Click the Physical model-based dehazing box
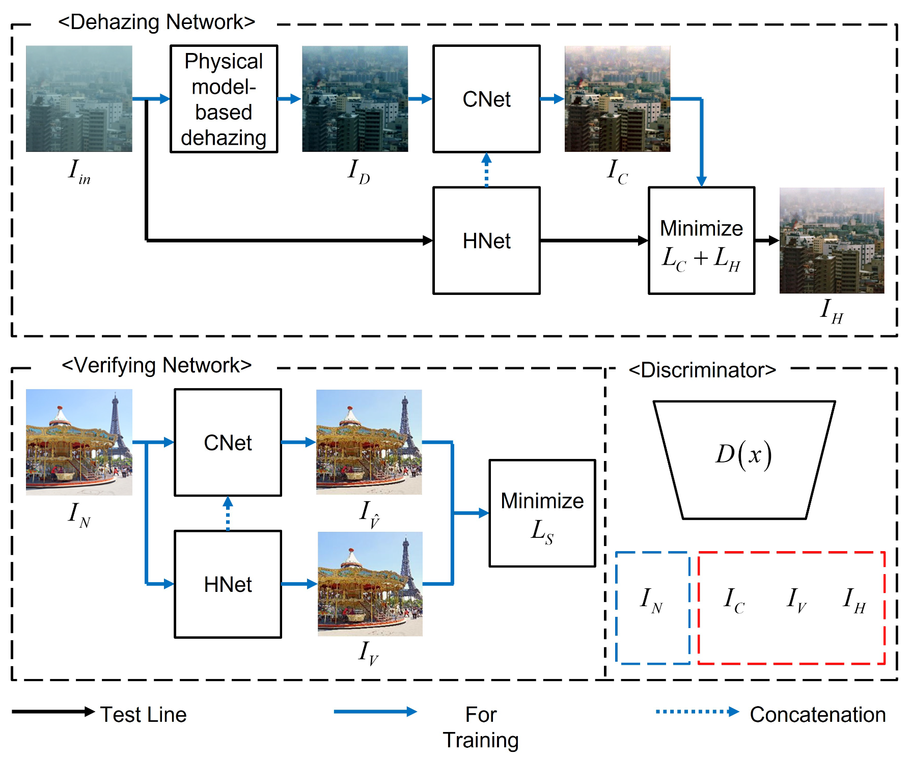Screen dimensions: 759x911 (x=224, y=99)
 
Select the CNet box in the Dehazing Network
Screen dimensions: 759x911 (x=486, y=99)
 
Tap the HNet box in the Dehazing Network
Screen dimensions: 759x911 (x=486, y=240)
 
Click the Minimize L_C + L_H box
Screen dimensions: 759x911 (x=701, y=240)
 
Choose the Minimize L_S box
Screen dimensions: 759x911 (x=542, y=513)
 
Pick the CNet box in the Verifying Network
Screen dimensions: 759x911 (x=228, y=442)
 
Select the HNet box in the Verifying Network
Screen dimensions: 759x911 (x=228, y=584)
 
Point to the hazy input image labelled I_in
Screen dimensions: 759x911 (x=79, y=99)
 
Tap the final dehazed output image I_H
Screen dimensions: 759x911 (x=832, y=240)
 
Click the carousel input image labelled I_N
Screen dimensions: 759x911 (x=79, y=442)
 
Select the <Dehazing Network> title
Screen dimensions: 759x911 (x=156, y=22)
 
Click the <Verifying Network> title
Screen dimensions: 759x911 (x=156, y=365)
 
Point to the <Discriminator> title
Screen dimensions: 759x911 (x=702, y=370)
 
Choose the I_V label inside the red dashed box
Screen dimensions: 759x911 (x=796, y=600)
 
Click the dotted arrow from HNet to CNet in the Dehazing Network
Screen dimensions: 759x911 (x=486, y=170)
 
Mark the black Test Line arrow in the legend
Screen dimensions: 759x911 (x=53, y=712)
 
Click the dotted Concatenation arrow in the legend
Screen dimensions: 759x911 (x=697, y=712)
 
